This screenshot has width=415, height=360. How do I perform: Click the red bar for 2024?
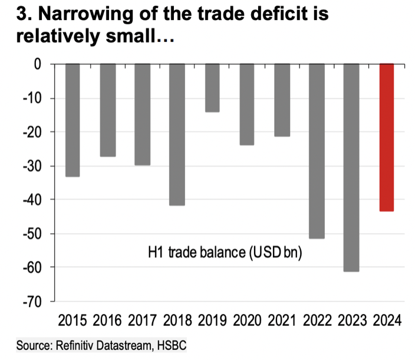387,137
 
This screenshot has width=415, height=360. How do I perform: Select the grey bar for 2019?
212,87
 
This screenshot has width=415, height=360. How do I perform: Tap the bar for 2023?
352,167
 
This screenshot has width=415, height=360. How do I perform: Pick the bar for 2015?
73,120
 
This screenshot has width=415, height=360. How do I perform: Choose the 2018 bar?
177,134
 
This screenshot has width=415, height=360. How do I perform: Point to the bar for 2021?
282,100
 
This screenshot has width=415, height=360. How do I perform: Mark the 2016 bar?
108,110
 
